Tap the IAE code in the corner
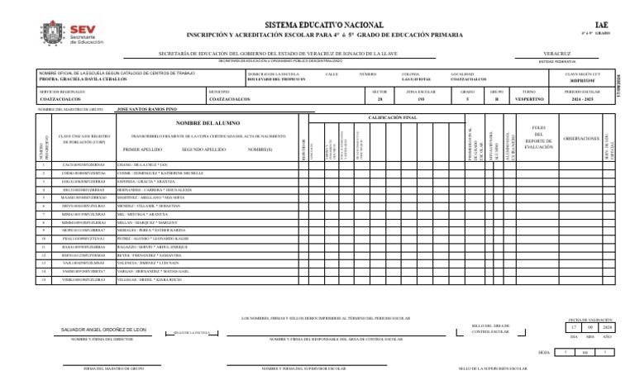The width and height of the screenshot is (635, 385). pos(601,26)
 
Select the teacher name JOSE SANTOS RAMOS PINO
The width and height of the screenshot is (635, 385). pos(146,108)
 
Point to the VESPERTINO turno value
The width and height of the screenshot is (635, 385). pos(529,98)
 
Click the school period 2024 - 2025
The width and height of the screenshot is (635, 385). pos(582,98)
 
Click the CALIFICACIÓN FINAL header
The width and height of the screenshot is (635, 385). pos(392,118)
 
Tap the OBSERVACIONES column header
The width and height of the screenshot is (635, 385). pos(580,138)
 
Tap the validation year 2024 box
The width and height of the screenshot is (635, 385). pos(607,327)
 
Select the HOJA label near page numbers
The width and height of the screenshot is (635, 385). pos(543,352)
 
